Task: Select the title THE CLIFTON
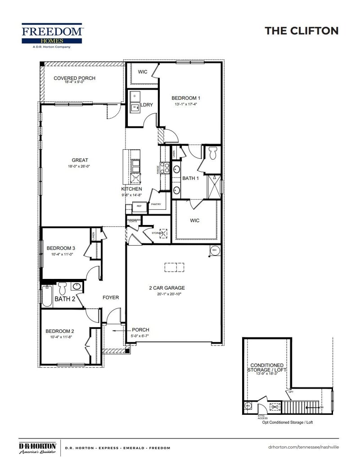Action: (301, 31)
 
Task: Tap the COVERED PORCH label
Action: (74, 78)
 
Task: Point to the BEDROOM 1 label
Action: (186, 98)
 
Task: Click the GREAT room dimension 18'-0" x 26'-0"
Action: (80, 166)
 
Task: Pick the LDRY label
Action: (147, 105)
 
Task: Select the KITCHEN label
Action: (131, 189)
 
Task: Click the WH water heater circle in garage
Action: (214, 250)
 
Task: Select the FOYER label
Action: (111, 297)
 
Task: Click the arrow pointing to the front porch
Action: (119, 330)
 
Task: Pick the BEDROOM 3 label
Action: (61, 248)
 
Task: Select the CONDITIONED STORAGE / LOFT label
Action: (267, 368)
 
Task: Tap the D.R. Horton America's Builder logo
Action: (37, 448)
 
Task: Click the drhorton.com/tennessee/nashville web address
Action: (303, 447)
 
